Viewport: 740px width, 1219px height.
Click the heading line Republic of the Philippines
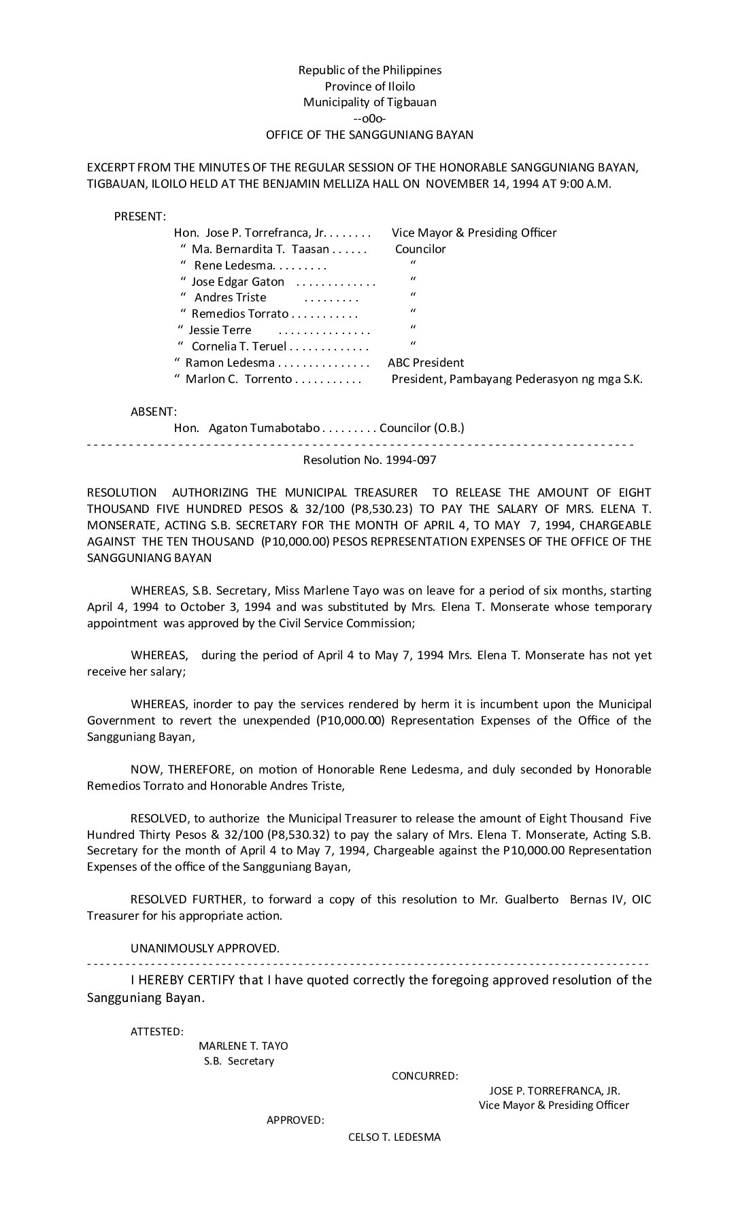tap(369, 70)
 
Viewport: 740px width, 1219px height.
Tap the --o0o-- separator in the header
tap(369, 119)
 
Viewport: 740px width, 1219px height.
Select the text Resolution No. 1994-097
tap(369, 460)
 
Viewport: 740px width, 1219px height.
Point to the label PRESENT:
tap(139, 216)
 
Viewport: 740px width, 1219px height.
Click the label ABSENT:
tap(154, 412)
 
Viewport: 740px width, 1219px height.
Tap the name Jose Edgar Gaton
tap(237, 282)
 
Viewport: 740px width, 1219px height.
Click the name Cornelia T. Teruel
tap(239, 346)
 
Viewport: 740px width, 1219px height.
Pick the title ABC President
tap(426, 363)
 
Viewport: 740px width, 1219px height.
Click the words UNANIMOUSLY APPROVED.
tap(205, 948)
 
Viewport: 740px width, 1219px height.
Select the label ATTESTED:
tap(156, 1032)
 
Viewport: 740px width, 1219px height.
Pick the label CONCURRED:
tap(424, 1076)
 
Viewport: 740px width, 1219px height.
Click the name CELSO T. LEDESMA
tap(394, 1137)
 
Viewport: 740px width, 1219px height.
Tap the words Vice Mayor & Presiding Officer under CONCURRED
tap(554, 1105)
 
